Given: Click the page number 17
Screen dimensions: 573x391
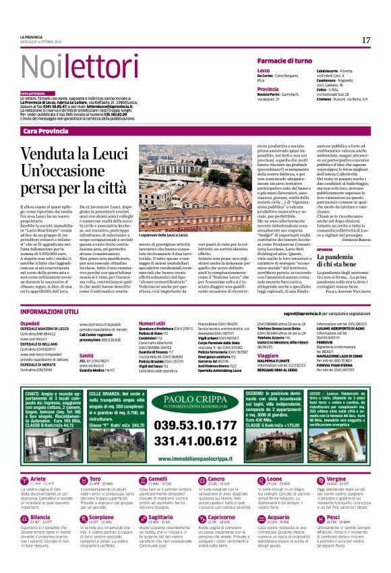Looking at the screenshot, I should [x=366, y=40].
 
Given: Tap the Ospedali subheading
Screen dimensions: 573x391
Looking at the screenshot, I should [x=30, y=324].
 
